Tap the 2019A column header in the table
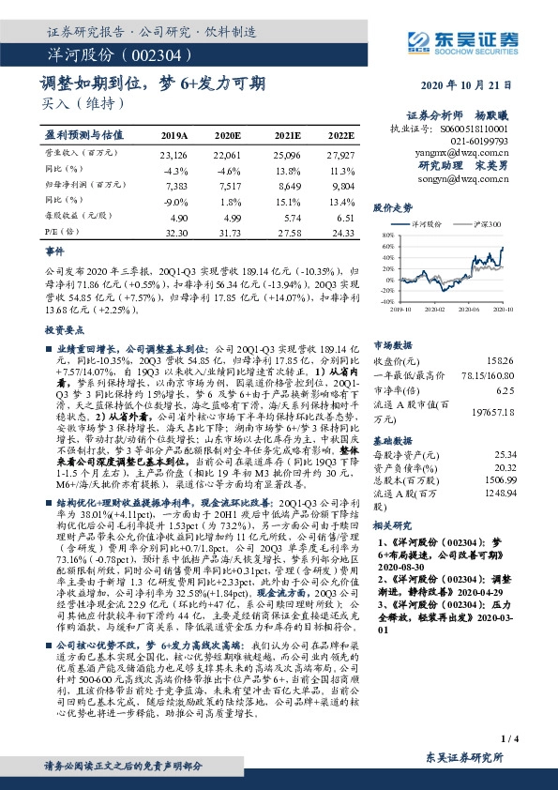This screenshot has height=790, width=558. (174, 134)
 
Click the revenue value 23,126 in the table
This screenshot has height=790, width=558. (174, 153)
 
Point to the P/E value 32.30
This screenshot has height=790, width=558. (176, 232)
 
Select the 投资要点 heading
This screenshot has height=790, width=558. (60, 331)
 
